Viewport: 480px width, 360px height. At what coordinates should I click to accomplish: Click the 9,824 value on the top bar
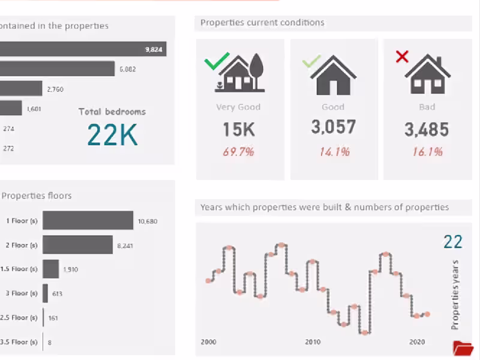click(x=154, y=49)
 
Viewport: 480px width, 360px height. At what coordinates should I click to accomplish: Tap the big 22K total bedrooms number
click(x=112, y=135)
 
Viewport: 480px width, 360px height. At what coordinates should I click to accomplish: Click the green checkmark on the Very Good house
click(x=217, y=61)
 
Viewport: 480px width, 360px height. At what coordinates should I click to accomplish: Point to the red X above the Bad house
click(x=402, y=57)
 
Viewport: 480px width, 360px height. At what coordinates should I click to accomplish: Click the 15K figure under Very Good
click(x=238, y=129)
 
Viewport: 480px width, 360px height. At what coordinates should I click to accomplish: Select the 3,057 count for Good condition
click(x=333, y=127)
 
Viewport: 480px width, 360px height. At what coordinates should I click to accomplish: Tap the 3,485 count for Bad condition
click(x=427, y=129)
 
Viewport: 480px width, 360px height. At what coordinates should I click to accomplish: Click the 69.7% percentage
click(x=238, y=152)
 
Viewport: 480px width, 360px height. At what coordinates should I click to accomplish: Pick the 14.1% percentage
click(x=334, y=152)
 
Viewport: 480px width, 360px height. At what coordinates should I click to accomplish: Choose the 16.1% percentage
click(x=427, y=152)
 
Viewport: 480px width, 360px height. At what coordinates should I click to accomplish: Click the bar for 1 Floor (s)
click(x=88, y=220)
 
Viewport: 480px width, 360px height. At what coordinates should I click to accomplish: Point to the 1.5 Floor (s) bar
click(x=51, y=269)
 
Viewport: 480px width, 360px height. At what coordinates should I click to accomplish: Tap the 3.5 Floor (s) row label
click(x=19, y=343)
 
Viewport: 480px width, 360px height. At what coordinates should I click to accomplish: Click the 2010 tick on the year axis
click(x=313, y=342)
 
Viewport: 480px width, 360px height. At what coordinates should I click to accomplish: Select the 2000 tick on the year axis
click(x=208, y=342)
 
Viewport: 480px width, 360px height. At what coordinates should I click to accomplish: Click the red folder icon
click(x=463, y=348)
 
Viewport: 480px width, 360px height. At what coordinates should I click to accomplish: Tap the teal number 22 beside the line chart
click(x=453, y=242)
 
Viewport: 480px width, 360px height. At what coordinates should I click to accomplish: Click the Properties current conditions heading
click(x=262, y=23)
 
